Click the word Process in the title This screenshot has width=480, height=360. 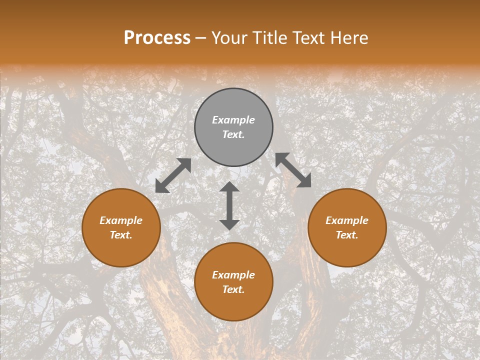point(157,38)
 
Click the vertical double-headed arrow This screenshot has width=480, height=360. point(229,205)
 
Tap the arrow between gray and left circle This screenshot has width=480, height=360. point(173,175)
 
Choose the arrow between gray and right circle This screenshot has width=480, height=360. point(293,170)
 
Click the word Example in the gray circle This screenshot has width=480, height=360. point(233,120)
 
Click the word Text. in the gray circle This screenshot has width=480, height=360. point(233,134)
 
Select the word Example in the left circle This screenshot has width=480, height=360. point(121,220)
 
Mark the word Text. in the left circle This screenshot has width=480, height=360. point(121,235)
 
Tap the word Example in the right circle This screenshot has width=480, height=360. point(347,220)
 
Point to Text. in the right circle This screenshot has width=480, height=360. point(347,235)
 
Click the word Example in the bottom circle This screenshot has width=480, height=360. point(233,275)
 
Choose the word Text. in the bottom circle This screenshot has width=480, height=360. point(233,289)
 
